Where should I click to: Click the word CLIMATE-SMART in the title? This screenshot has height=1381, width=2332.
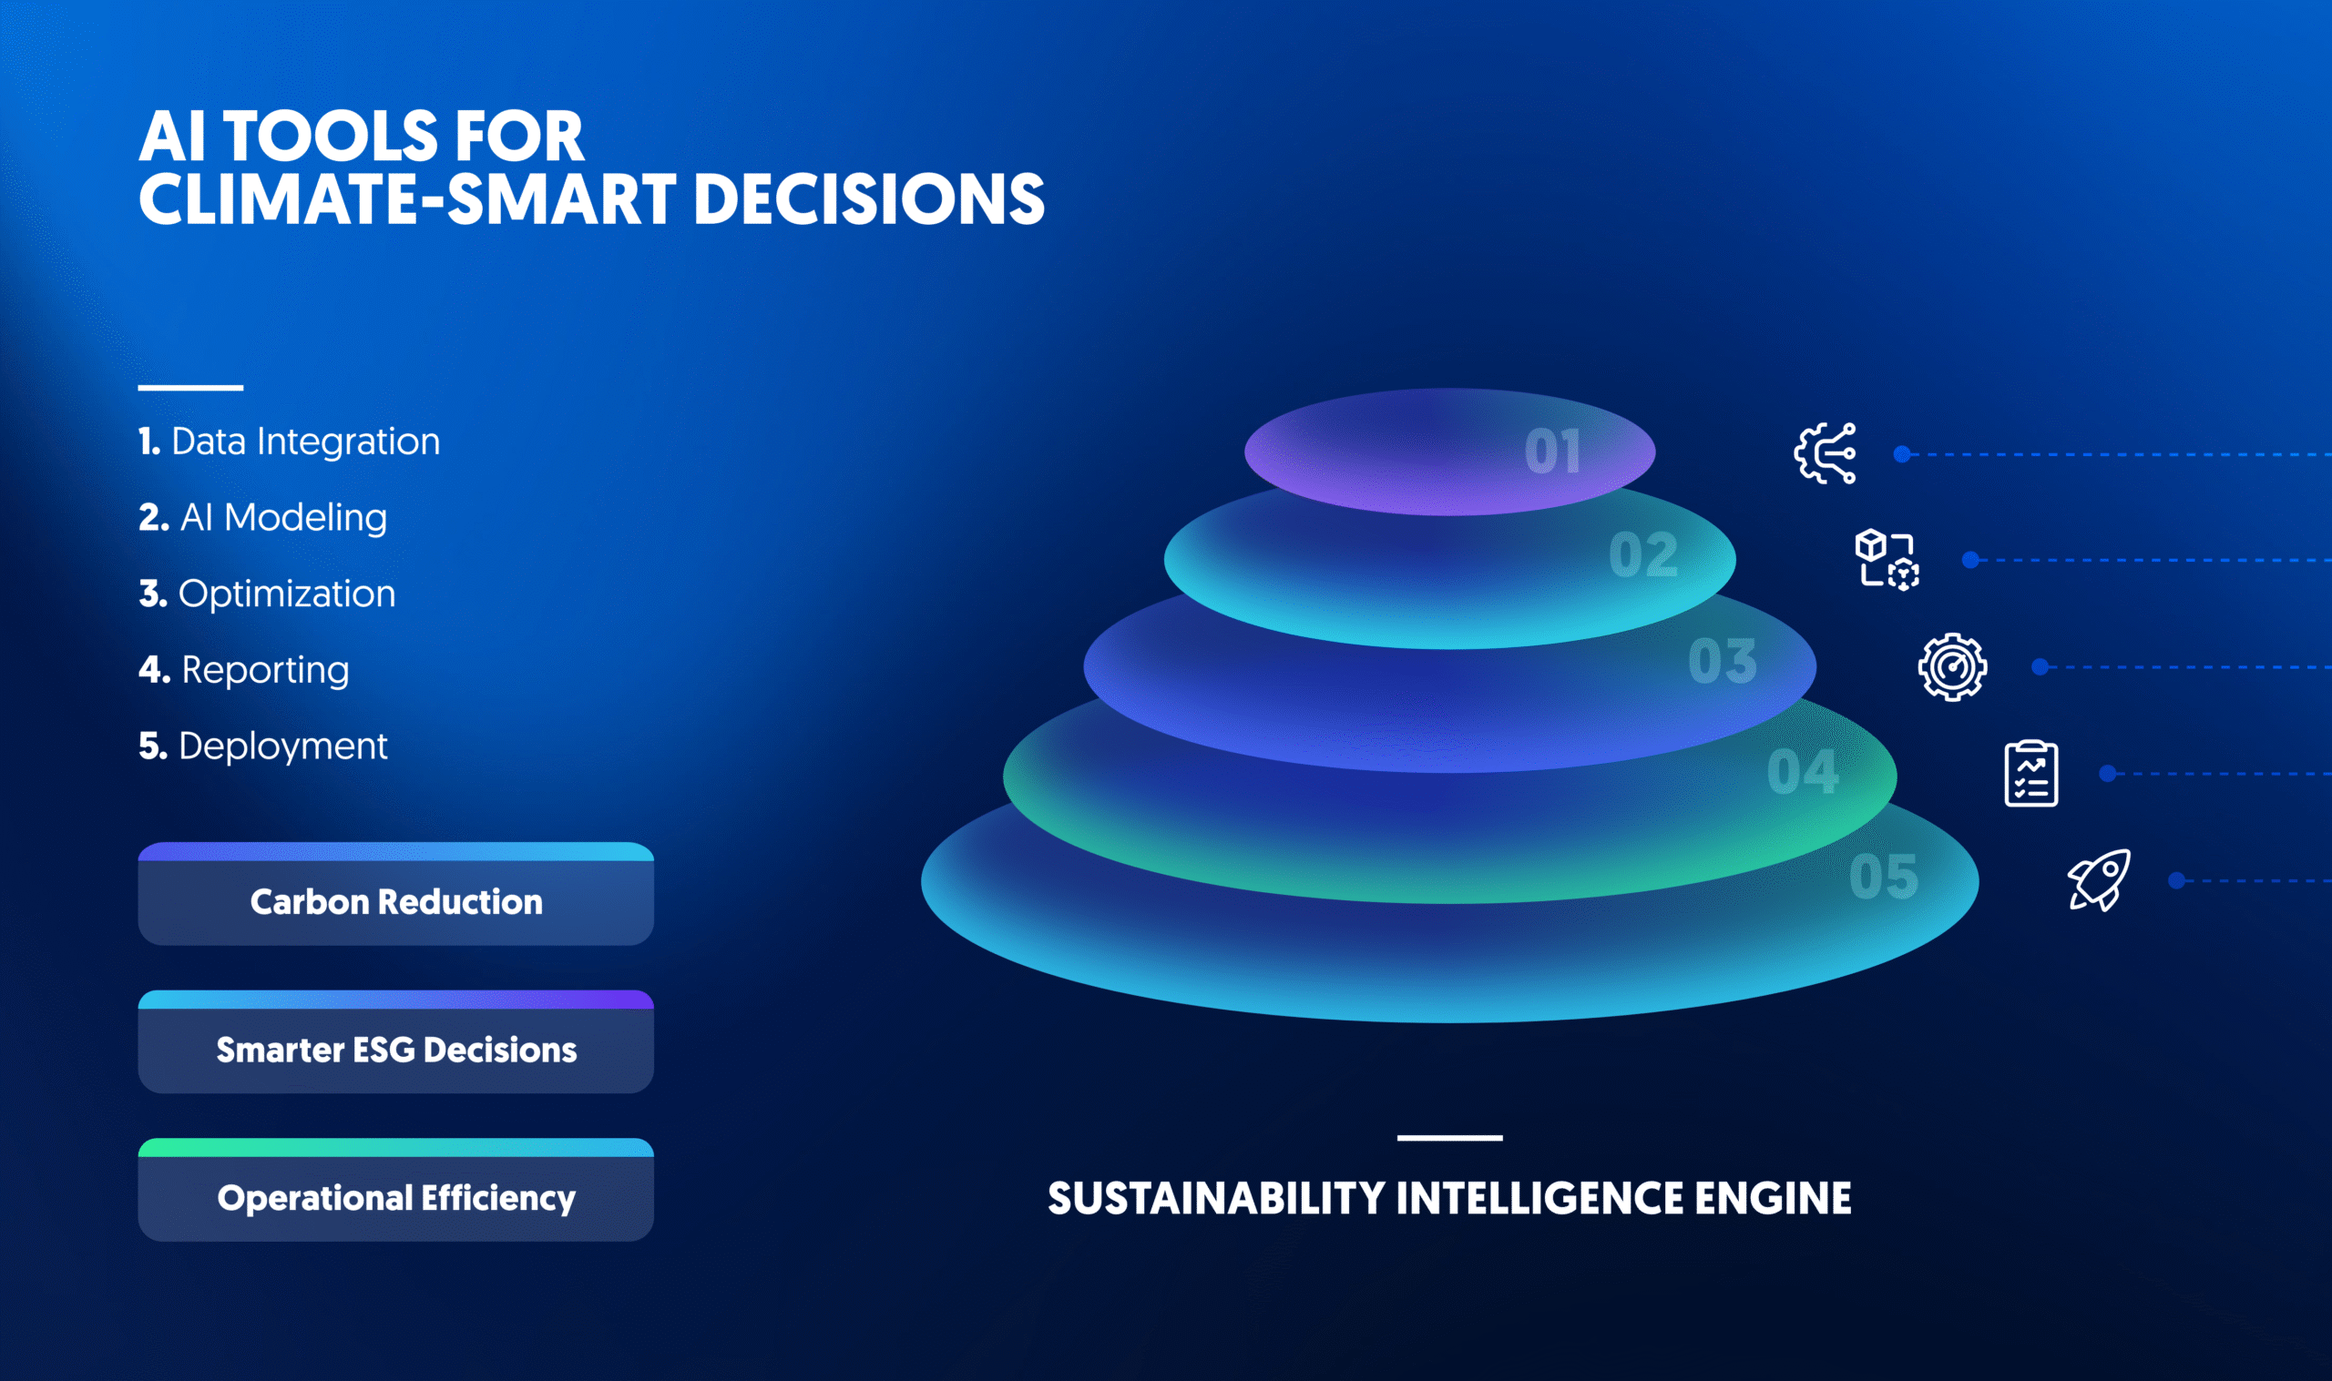[408, 199]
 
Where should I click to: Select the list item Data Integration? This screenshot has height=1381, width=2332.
[289, 442]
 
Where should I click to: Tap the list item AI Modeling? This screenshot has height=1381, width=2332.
[262, 517]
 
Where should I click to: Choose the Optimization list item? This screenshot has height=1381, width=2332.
[267, 594]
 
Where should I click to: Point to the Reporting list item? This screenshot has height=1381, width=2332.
[244, 670]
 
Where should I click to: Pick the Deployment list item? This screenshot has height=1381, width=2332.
[262, 746]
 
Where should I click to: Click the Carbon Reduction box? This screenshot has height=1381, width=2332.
[395, 893]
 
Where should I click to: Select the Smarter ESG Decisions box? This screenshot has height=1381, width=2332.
[395, 1041]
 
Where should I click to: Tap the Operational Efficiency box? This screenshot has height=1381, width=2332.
[395, 1189]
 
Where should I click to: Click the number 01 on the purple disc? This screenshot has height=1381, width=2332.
[1553, 452]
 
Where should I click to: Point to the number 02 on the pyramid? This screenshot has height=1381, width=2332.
[1643, 555]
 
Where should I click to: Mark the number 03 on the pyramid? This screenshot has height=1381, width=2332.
[1723, 662]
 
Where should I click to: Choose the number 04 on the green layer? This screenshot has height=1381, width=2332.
[1803, 771]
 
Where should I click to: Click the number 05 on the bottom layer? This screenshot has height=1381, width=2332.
[1883, 877]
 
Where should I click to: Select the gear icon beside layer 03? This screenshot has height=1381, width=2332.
[1952, 666]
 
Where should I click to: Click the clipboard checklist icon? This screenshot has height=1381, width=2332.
[2030, 773]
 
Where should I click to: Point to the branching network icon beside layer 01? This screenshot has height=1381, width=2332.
[1825, 453]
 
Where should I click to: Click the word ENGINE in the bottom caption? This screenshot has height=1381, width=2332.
[1773, 1199]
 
